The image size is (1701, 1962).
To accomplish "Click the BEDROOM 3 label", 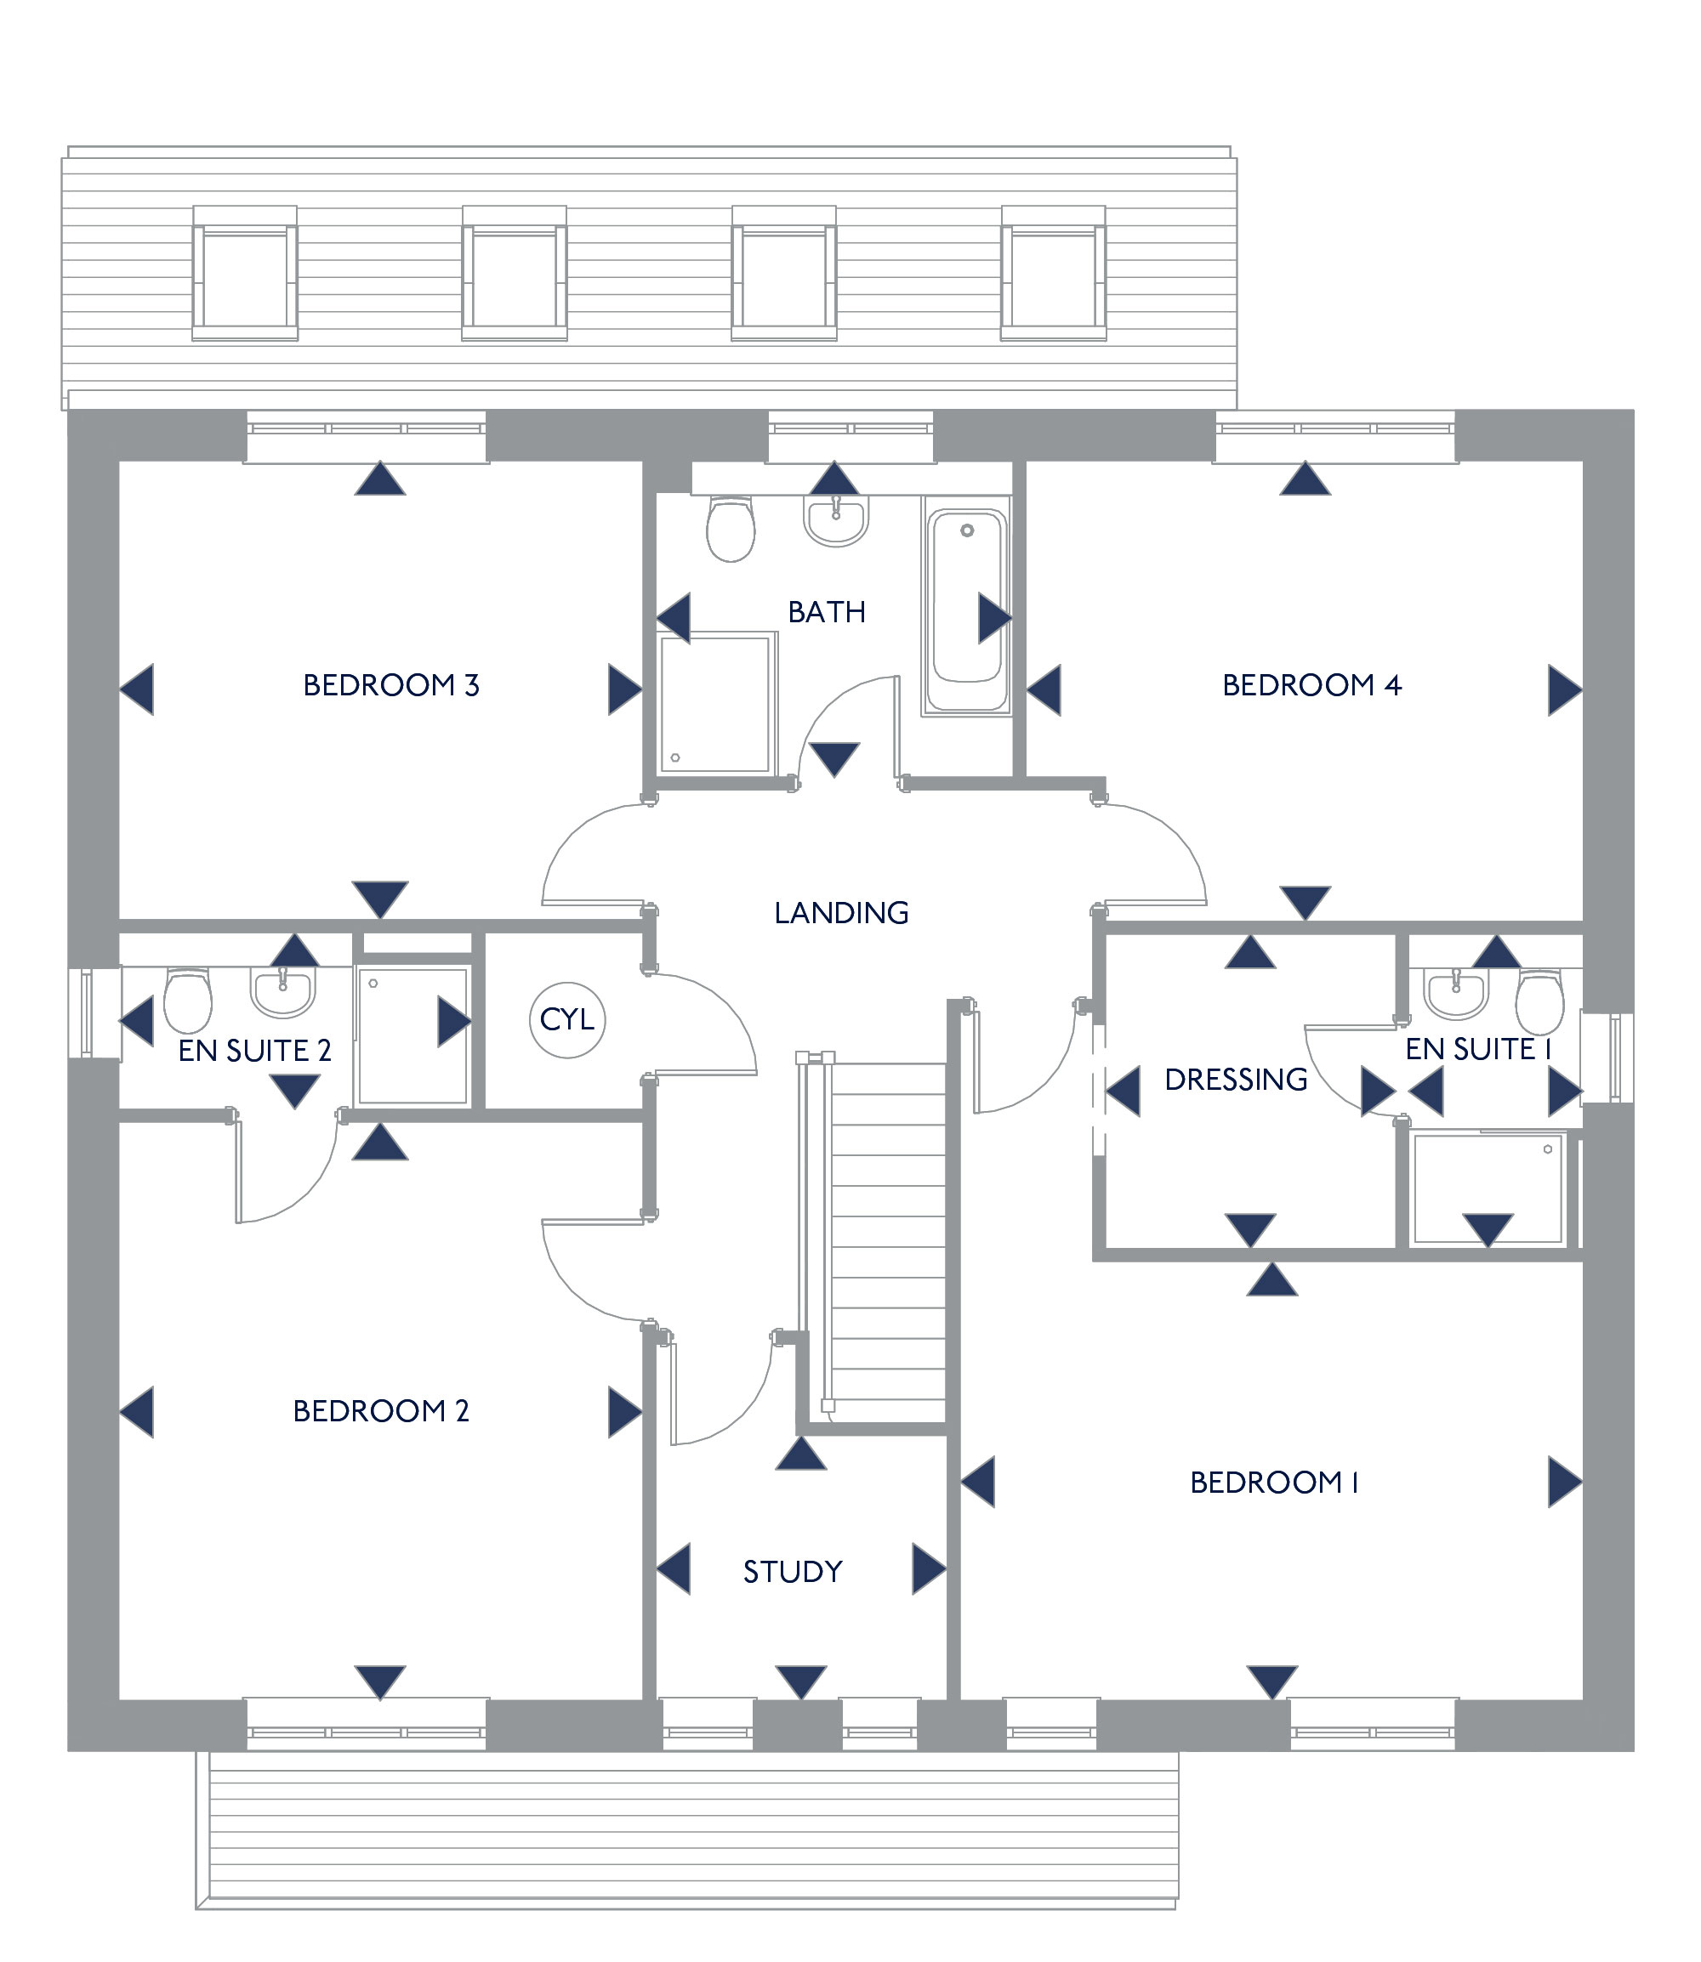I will [390, 685].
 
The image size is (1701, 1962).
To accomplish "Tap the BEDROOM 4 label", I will [1311, 685].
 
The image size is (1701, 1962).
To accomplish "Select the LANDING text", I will [841, 913].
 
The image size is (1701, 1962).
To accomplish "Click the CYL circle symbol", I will [566, 1020].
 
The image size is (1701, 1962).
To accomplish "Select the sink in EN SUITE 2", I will [282, 990].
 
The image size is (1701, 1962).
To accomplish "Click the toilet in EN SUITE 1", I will [1539, 1000].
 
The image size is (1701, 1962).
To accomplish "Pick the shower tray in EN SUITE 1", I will [1488, 1188].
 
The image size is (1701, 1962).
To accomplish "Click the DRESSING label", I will [1235, 1080].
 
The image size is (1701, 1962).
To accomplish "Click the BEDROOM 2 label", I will [381, 1411].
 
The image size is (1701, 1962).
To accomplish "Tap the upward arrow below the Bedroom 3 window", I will [379, 479].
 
